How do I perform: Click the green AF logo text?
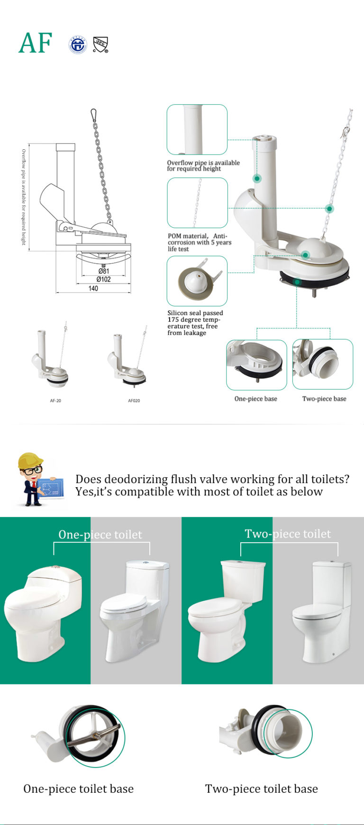pos(35,43)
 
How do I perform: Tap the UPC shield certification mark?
pos(100,45)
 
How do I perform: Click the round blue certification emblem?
pos(78,45)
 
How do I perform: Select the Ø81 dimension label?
pos(103,271)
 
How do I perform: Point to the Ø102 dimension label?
pos(103,279)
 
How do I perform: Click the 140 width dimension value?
pos(93,288)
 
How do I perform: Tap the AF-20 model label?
pos(55,401)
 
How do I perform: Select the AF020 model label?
pos(134,401)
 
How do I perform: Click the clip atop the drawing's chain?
pos(93,115)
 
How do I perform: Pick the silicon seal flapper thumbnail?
pos(197,281)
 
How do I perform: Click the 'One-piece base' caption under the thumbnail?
pos(255,399)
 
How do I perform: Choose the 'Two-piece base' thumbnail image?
pos(323,364)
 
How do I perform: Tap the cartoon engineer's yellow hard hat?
pos(29,460)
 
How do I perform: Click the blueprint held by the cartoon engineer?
pos(51,488)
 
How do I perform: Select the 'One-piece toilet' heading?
pos(100,535)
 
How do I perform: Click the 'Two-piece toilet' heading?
pos(288,534)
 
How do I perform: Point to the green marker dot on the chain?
pos(329,209)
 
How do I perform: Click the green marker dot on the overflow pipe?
pos(257,178)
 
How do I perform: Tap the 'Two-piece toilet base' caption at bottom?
pos(261,788)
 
